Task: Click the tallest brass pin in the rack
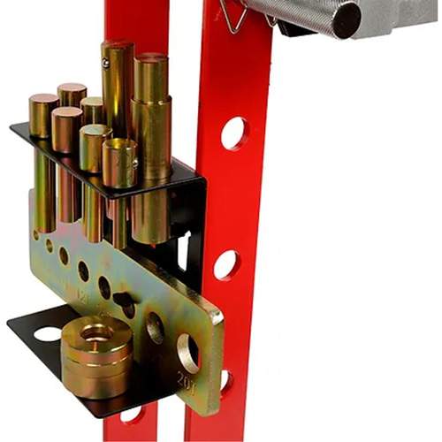[117, 88]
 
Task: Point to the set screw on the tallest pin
[105, 63]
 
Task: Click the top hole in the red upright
[234, 133]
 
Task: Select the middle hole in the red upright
[225, 264]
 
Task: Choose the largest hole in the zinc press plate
[188, 351]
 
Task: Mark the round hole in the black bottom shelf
[47, 334]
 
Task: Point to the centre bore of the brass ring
[95, 334]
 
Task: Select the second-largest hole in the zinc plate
[155, 328]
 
